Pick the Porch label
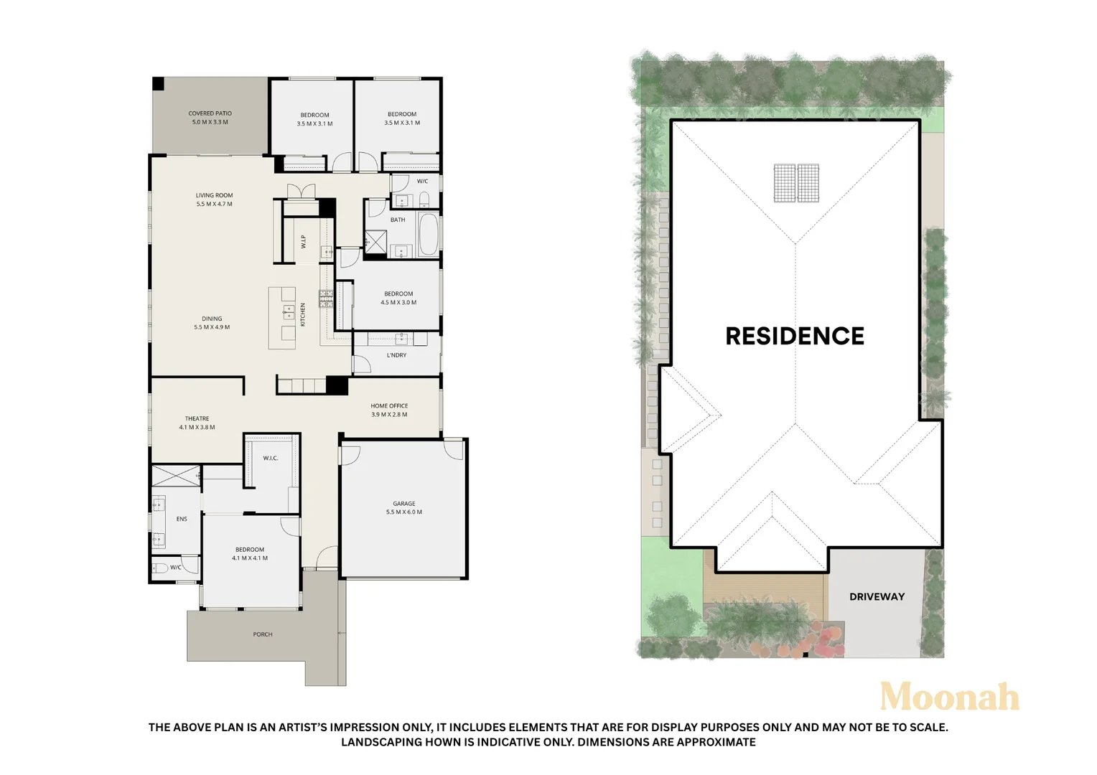tap(263, 634)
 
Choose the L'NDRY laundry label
tap(396, 355)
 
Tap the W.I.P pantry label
tap(304, 242)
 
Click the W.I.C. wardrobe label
tap(270, 458)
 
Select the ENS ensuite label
tap(182, 519)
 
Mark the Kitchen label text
tap(303, 314)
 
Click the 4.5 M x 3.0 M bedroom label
tap(398, 298)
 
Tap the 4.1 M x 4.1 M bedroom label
tap(250, 553)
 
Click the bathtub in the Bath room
tap(429, 234)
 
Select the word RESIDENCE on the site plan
tap(795, 336)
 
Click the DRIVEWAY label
tap(877, 596)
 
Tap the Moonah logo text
tap(949, 697)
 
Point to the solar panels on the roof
tap(796, 183)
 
